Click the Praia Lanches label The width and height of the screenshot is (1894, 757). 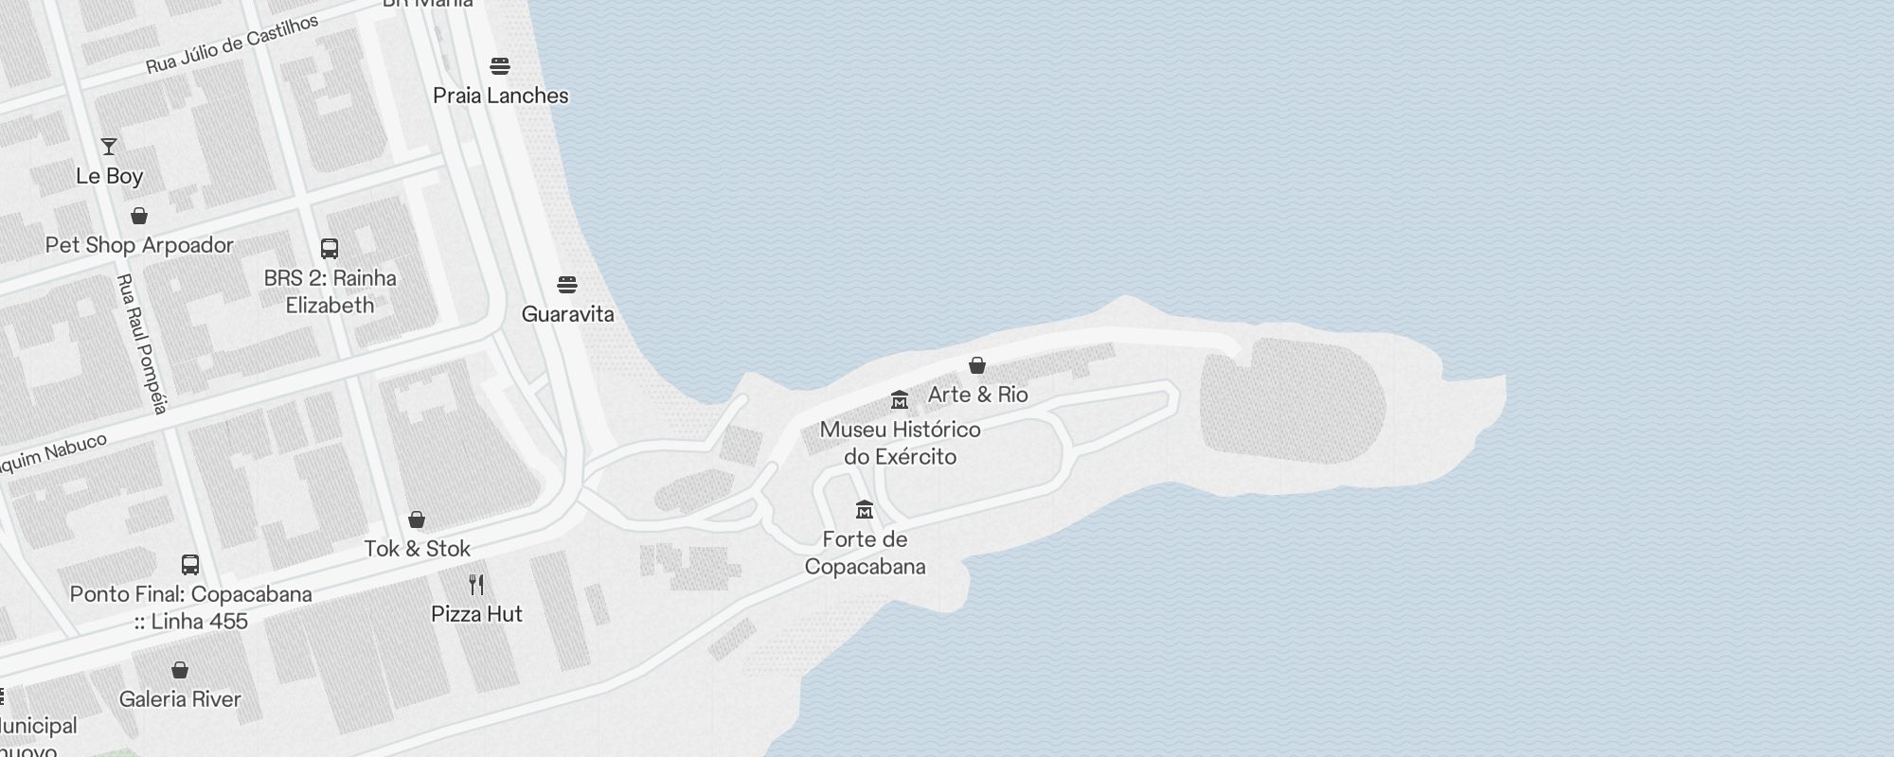(x=500, y=96)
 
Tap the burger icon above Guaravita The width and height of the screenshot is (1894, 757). (x=567, y=285)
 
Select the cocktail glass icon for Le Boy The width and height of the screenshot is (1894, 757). (x=109, y=147)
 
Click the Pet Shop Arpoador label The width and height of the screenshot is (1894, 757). (x=139, y=245)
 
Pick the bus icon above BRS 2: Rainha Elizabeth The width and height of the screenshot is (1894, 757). (x=330, y=249)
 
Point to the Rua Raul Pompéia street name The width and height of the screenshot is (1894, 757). (x=141, y=343)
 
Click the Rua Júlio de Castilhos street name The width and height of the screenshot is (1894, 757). (x=231, y=44)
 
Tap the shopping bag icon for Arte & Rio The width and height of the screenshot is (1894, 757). (x=977, y=365)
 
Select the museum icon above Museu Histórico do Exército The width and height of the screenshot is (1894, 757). (x=900, y=400)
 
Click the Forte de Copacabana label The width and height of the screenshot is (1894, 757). (x=865, y=553)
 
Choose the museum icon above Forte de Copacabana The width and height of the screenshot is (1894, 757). (x=864, y=510)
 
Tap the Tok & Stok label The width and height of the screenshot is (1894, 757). (x=417, y=549)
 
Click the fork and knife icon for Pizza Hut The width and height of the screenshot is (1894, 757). (x=476, y=585)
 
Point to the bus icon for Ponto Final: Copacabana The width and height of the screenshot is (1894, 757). (x=190, y=565)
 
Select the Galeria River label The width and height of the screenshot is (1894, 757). (x=180, y=699)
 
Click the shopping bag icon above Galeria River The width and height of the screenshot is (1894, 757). (x=180, y=670)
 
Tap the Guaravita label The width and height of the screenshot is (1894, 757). (x=567, y=314)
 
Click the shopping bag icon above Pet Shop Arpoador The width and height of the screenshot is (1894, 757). (x=139, y=216)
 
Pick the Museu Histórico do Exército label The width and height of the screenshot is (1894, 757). (x=900, y=443)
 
